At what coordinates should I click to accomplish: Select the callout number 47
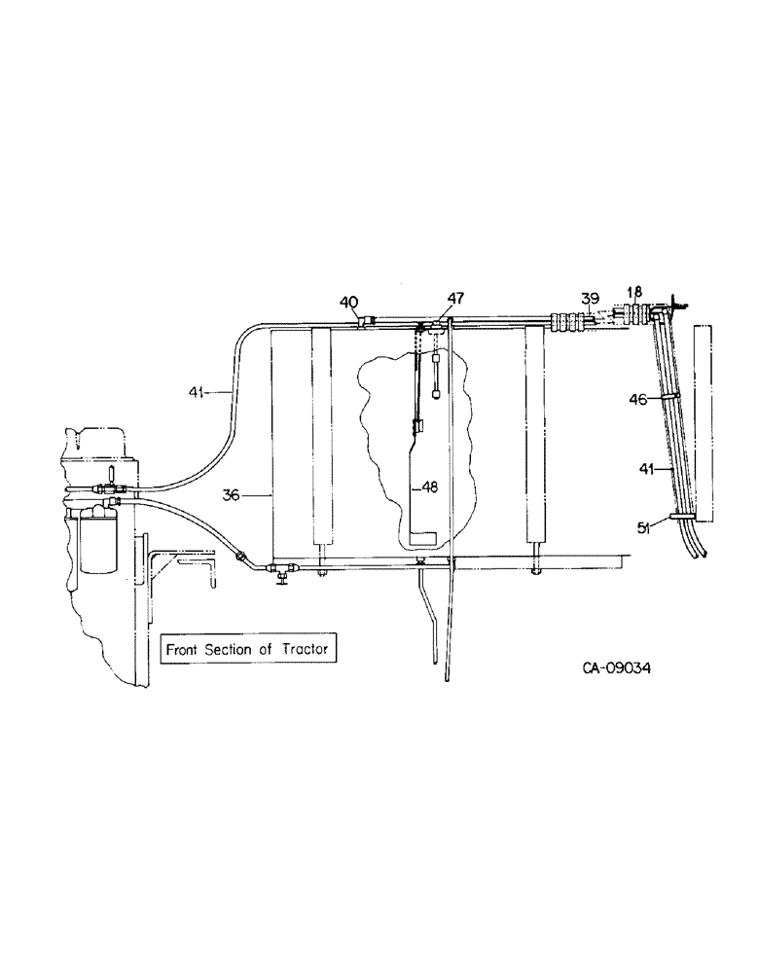pyautogui.click(x=455, y=300)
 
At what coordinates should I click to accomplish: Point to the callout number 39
pyautogui.click(x=591, y=298)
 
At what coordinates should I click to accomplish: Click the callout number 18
pyautogui.click(x=634, y=291)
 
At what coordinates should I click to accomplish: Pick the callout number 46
pyautogui.click(x=638, y=398)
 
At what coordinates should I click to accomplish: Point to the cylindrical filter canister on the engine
pyautogui.click(x=98, y=545)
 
